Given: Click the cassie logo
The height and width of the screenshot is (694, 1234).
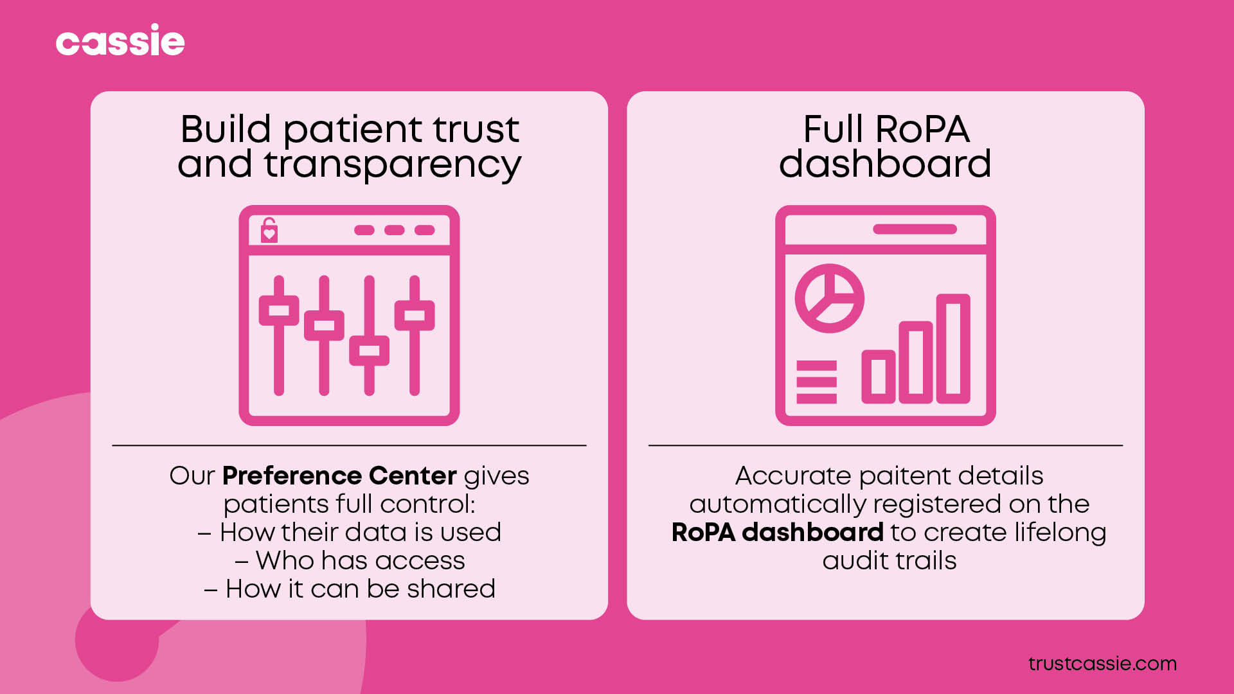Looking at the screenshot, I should click(120, 40).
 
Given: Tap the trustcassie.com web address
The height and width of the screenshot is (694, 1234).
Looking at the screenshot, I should click(1102, 663).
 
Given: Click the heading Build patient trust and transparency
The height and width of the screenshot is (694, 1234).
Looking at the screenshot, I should click(349, 147).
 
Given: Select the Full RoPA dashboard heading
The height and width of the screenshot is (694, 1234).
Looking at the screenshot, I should click(885, 147).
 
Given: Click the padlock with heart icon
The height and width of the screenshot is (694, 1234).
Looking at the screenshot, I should click(269, 230).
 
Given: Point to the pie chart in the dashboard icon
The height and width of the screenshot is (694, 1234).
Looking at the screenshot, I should click(829, 298).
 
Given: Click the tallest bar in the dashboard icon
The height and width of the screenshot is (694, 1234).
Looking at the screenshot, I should click(952, 348).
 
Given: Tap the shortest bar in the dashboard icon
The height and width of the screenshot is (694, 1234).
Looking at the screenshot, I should click(878, 377).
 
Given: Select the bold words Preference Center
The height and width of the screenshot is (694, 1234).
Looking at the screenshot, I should click(339, 476).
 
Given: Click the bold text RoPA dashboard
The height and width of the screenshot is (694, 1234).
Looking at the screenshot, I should click(777, 532).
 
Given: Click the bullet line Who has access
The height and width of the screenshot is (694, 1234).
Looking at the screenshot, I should click(350, 560).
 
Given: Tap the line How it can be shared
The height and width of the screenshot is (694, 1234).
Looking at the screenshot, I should click(350, 589).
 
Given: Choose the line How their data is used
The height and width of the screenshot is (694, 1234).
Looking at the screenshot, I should click(350, 532).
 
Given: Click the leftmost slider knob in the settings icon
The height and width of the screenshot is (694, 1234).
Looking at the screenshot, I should click(279, 310).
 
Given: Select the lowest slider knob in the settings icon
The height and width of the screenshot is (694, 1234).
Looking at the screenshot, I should click(369, 350).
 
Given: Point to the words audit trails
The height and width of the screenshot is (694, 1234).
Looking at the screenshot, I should click(889, 560).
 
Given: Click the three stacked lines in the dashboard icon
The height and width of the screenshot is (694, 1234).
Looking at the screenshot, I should click(816, 382).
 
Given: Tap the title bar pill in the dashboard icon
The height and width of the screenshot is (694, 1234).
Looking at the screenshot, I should click(915, 229).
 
